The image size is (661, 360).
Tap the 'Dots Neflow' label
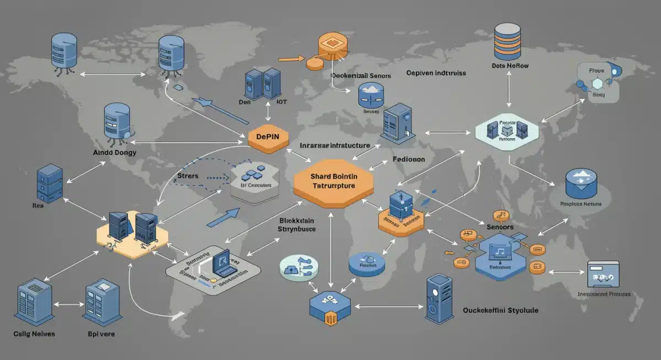510,66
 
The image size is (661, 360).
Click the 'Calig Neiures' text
34,334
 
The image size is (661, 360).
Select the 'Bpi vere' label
101,334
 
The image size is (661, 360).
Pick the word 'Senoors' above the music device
500,227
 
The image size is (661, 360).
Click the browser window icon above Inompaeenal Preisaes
604,274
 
